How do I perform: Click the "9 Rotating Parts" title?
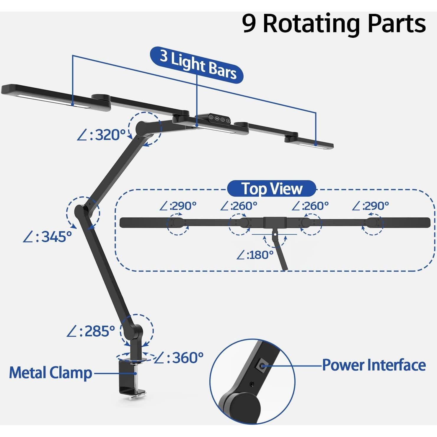(334, 24)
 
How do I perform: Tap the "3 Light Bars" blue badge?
(197, 65)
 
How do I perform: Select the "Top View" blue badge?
(272, 189)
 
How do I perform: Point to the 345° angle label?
(48, 237)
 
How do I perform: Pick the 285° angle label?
(91, 331)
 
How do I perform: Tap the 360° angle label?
(179, 358)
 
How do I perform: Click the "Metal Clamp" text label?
(50, 373)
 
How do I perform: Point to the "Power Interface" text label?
(374, 365)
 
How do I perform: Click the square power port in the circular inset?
(261, 365)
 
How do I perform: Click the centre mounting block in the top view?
(275, 222)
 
